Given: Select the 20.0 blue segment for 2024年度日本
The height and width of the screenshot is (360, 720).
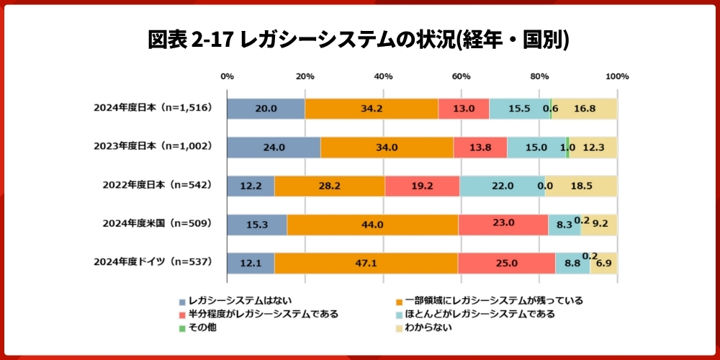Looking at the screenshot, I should point(266,109).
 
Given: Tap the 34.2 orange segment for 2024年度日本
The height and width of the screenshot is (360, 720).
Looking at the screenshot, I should point(372,109).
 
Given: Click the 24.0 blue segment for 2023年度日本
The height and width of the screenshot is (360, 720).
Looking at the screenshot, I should point(274,147).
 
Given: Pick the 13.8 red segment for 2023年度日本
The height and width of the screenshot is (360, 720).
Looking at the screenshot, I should point(480,147).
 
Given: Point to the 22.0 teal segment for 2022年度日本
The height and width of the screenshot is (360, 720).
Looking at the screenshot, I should point(502,185).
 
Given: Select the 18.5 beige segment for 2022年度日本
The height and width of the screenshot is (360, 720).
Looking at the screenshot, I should point(581,185).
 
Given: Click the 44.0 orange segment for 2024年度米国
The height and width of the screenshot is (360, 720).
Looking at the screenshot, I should point(372,224).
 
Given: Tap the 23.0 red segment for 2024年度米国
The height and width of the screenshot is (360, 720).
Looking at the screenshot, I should point(503,224).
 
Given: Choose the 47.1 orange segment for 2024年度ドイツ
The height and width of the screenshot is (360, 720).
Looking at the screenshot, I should point(366,263).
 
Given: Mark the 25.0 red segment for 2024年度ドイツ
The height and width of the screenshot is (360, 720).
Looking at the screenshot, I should point(506,263).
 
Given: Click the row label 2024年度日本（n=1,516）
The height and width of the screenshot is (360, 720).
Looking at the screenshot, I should point(152,108).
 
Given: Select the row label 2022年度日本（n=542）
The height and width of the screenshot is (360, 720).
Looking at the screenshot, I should point(158,185).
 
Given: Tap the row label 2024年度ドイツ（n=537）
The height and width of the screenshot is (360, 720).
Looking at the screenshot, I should point(152,262).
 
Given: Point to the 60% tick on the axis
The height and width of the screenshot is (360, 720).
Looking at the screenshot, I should point(461,76).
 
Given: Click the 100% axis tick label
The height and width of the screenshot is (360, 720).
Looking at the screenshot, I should point(617,76).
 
